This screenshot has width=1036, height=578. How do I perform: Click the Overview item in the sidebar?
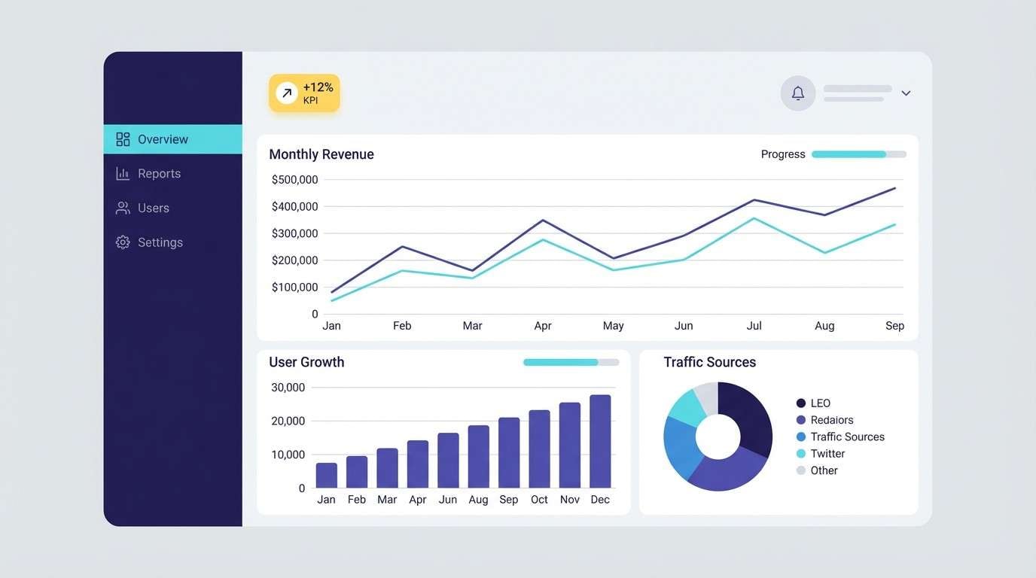coord(162,139)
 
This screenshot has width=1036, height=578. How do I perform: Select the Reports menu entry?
coord(159,174)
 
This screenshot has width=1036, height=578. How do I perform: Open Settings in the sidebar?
coord(160,242)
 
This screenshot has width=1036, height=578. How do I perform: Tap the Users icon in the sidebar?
coord(123,208)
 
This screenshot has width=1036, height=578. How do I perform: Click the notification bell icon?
coord(798,93)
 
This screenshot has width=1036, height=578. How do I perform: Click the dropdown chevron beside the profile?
coord(906,93)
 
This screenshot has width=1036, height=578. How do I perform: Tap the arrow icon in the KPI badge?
coord(286,93)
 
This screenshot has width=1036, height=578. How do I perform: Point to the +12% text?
coord(318,87)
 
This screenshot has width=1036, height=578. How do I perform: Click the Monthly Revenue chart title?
coord(321,154)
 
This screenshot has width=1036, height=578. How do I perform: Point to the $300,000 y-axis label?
coord(294,233)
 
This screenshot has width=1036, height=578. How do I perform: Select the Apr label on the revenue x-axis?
coord(543,326)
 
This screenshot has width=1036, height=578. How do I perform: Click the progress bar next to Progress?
coord(858,154)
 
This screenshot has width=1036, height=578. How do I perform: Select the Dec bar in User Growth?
coord(600,442)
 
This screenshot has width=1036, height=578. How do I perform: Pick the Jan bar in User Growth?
coord(326,475)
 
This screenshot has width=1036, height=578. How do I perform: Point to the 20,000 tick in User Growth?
coord(288,421)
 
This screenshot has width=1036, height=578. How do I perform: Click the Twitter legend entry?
coord(827,454)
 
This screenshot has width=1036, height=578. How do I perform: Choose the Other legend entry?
coord(824,470)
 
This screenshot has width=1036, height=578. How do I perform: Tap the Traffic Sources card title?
coord(709,362)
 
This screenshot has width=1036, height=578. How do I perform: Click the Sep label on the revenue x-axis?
coord(894,326)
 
